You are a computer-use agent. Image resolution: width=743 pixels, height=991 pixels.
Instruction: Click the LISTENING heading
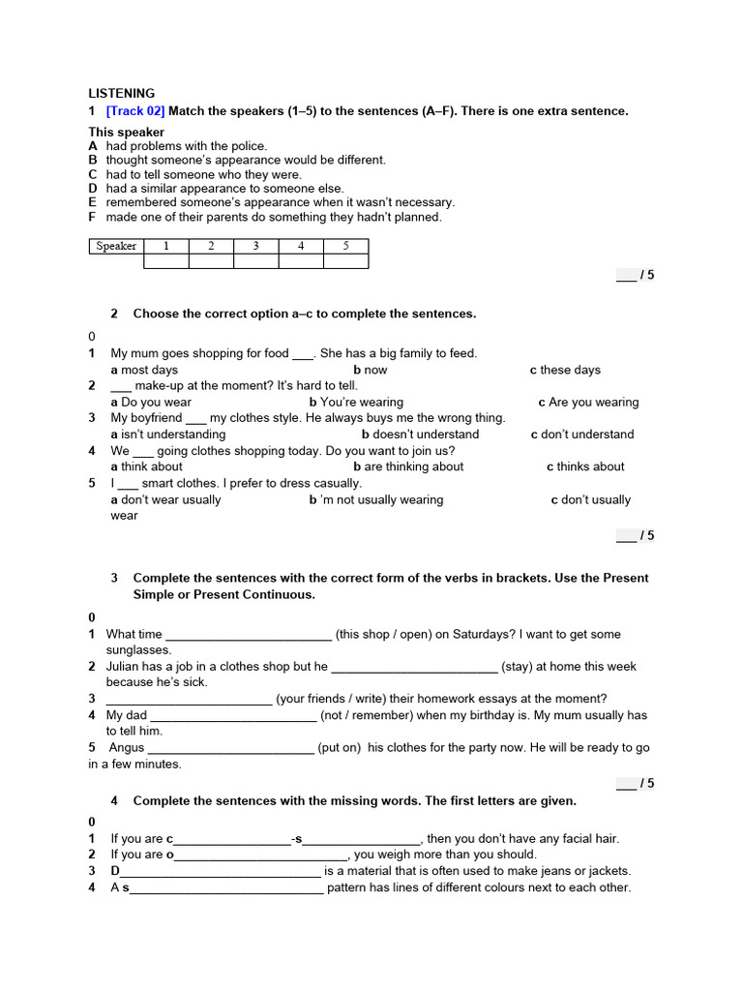[x=122, y=94]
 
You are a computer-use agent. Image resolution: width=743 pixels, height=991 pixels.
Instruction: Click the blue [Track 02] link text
[x=135, y=111]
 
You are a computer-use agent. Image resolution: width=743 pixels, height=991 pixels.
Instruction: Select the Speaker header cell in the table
[x=116, y=246]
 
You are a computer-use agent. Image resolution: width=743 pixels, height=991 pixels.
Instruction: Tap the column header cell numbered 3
[x=255, y=246]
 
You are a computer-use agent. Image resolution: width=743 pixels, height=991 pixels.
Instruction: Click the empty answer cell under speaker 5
[x=345, y=260]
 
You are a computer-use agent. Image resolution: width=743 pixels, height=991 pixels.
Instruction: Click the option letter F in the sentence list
[x=93, y=218]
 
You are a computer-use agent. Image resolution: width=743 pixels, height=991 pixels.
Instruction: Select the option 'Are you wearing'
[x=593, y=403]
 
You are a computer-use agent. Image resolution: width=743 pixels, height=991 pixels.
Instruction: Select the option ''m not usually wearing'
[x=380, y=499]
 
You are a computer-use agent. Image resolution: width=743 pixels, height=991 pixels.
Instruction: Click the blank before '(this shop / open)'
[x=249, y=636]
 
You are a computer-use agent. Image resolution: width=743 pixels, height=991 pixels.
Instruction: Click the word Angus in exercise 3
[x=127, y=748]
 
